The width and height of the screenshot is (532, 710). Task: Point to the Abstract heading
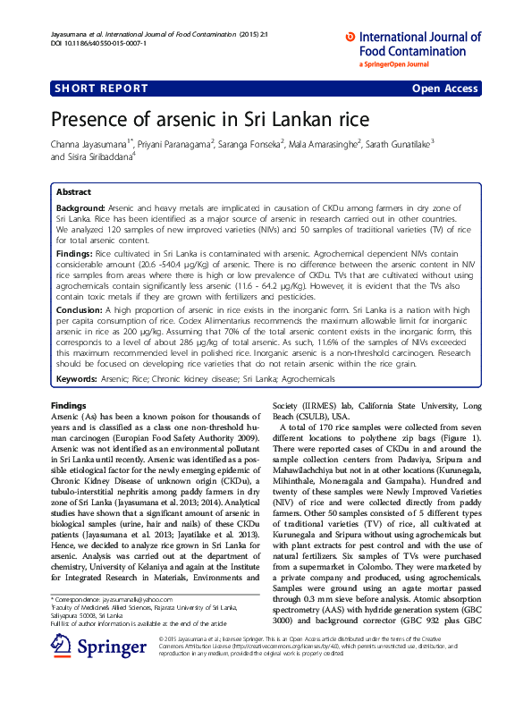tap(73, 192)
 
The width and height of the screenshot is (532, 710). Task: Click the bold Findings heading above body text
tap(68, 405)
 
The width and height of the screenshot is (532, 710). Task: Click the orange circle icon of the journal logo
tap(350, 38)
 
